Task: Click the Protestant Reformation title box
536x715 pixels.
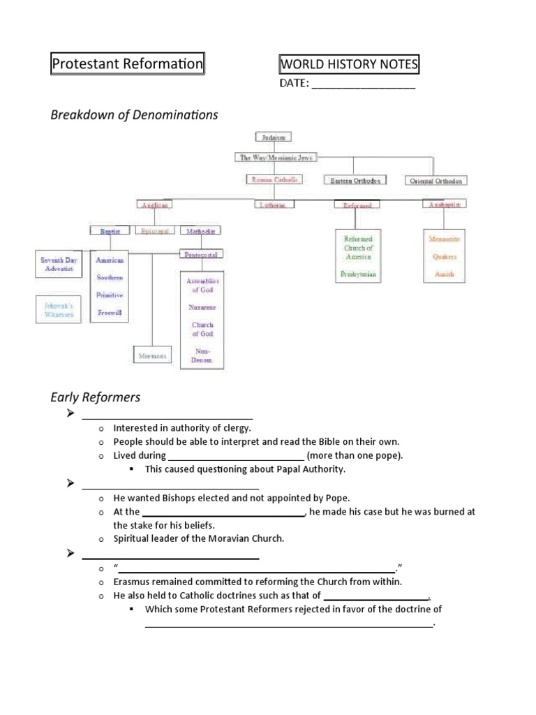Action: (127, 65)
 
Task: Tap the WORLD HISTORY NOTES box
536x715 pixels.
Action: (348, 65)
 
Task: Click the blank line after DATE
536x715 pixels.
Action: (363, 86)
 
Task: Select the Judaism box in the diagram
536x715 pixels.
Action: (272, 138)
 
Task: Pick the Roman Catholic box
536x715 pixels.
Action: (276, 179)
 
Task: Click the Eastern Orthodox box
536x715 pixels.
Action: (355, 180)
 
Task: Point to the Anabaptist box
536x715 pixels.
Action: (445, 205)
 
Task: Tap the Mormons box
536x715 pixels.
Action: (152, 355)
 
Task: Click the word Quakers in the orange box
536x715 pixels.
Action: (445, 257)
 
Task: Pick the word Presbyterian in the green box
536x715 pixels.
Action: (358, 274)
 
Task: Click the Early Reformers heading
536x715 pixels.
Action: (96, 397)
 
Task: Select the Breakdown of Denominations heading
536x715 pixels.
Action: (134, 115)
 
